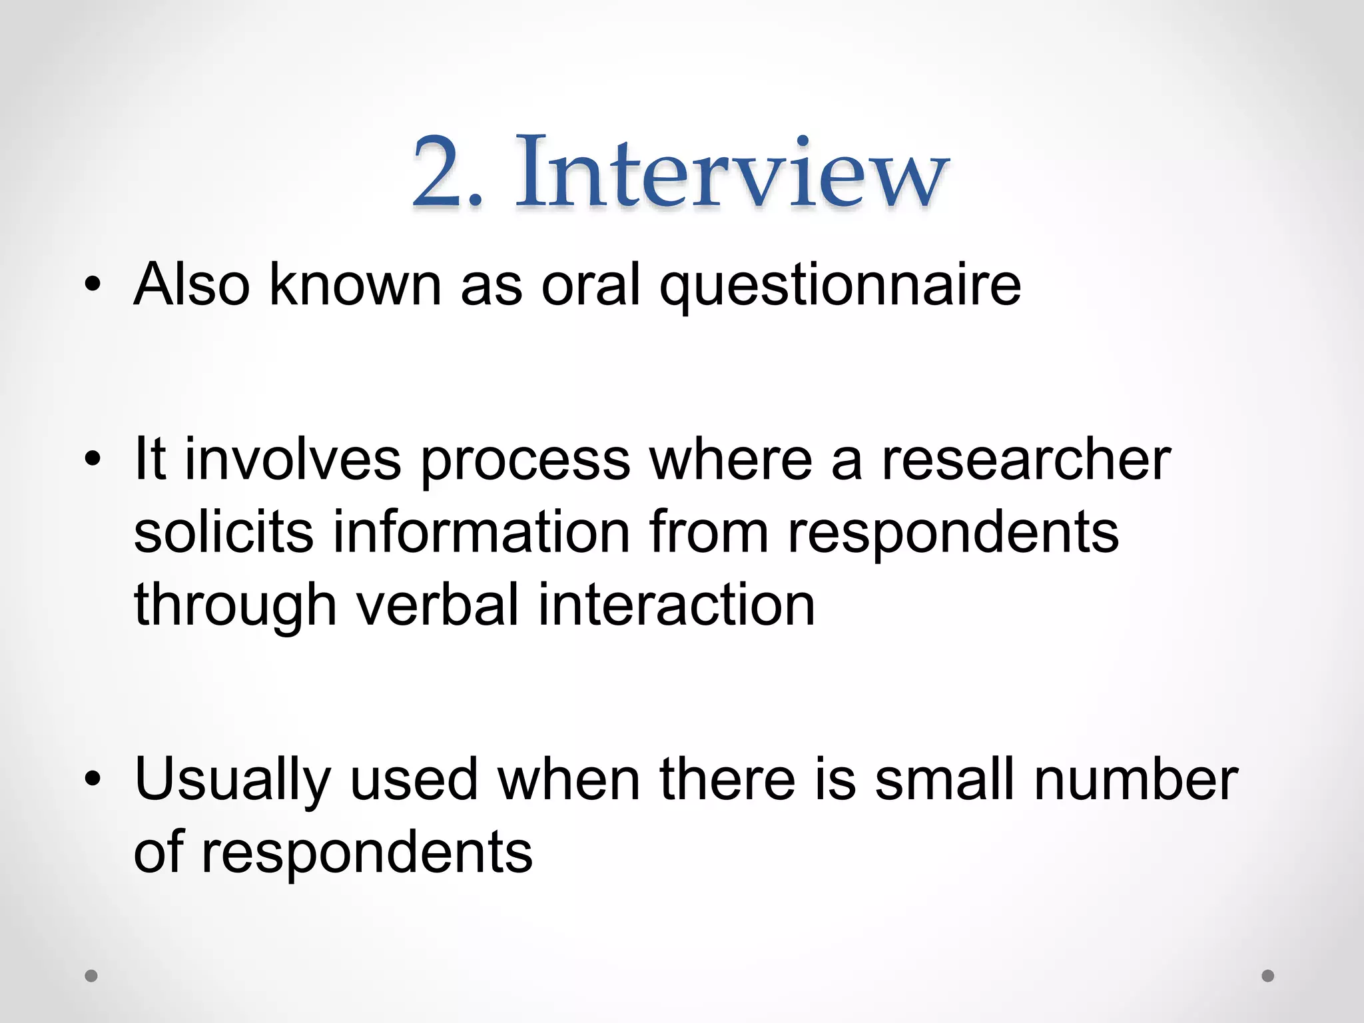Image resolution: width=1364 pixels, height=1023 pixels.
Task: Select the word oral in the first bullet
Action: (x=590, y=285)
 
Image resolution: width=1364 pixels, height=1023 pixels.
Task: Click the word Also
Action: (x=192, y=285)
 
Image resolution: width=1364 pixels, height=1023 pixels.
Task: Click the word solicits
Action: (x=223, y=532)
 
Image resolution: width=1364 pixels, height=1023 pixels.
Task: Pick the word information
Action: (x=481, y=532)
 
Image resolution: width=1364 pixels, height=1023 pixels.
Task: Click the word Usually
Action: (x=232, y=781)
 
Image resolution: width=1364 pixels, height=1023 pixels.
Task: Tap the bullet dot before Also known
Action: (x=93, y=285)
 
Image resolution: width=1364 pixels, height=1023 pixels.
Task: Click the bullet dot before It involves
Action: (x=93, y=459)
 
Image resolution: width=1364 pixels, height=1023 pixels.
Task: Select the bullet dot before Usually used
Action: (x=93, y=779)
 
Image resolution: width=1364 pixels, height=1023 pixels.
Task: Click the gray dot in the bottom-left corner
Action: (x=91, y=976)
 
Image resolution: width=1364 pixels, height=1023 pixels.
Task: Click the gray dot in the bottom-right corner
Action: (x=1268, y=976)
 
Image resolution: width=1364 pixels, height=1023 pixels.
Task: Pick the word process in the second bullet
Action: (x=525, y=462)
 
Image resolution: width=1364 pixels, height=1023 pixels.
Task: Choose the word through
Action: (x=235, y=606)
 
